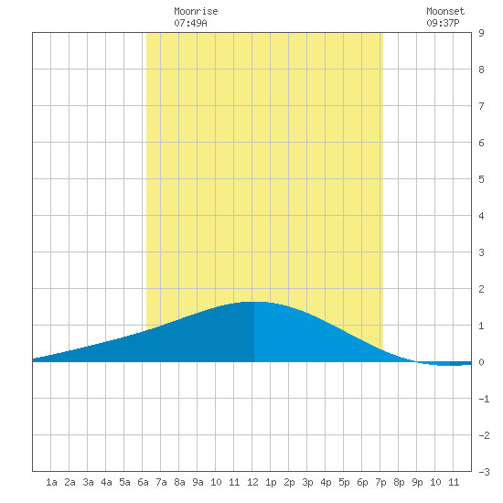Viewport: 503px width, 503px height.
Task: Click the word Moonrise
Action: click(x=196, y=11)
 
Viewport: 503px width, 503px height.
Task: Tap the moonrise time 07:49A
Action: click(x=190, y=23)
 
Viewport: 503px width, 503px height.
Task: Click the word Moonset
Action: click(x=445, y=11)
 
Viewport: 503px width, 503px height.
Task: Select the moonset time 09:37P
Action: click(x=443, y=23)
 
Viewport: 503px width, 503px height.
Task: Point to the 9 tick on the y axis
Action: click(x=481, y=33)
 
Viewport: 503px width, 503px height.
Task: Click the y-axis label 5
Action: click(x=481, y=179)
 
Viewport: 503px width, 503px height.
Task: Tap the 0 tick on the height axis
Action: click(x=481, y=362)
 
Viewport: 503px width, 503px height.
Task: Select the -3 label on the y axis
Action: click(x=484, y=472)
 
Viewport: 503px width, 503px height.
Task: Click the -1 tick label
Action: click(x=484, y=399)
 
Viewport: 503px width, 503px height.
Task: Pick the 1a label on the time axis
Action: click(x=51, y=482)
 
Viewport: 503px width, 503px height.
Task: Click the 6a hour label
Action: click(x=143, y=482)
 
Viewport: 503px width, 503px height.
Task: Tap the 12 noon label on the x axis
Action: click(x=252, y=482)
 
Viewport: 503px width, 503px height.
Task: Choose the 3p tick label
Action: click(x=307, y=482)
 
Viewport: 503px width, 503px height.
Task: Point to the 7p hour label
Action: click(x=380, y=482)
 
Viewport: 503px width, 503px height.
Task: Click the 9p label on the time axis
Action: click(x=417, y=482)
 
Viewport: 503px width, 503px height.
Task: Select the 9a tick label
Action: click(x=198, y=482)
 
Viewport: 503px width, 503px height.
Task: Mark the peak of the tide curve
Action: click(x=254, y=302)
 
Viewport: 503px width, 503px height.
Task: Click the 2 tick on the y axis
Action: click(x=481, y=289)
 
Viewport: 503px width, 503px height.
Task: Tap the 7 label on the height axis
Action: click(x=481, y=106)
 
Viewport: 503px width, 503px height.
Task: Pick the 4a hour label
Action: click(x=106, y=482)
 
